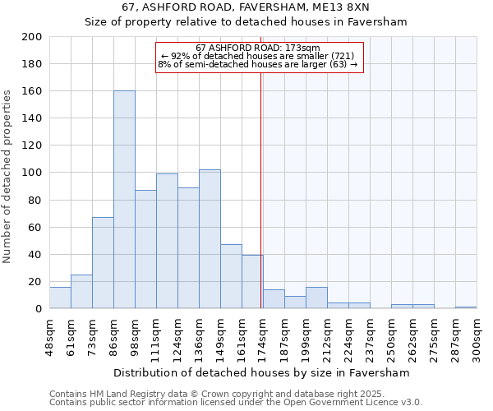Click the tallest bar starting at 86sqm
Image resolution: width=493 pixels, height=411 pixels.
click(124, 200)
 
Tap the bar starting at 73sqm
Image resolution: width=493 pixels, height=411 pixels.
click(103, 263)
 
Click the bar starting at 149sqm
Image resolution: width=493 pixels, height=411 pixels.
click(231, 276)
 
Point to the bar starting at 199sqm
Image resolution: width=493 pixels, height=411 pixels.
click(316, 298)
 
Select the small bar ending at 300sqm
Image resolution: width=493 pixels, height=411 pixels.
click(466, 307)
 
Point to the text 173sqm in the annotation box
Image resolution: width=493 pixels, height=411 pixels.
click(302, 48)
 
